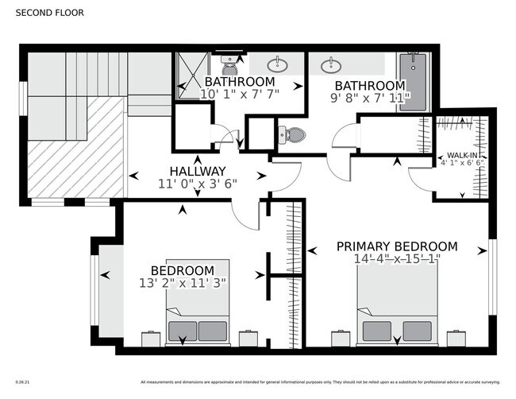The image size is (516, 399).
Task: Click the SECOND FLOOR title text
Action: click(x=49, y=13)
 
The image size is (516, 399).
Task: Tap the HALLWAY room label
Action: click(x=198, y=171)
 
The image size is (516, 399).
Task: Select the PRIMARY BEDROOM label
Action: click(x=397, y=246)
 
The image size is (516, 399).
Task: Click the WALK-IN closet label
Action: click(x=462, y=155)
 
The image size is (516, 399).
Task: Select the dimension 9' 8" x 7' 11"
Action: click(x=370, y=98)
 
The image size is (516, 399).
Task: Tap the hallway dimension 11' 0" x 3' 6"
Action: click(x=198, y=184)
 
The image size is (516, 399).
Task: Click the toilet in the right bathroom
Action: click(x=293, y=134)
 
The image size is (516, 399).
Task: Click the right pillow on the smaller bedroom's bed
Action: click(x=213, y=330)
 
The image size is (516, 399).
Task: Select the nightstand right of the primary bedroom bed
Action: click(x=456, y=339)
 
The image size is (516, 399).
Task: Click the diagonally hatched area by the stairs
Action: click(x=76, y=147)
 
